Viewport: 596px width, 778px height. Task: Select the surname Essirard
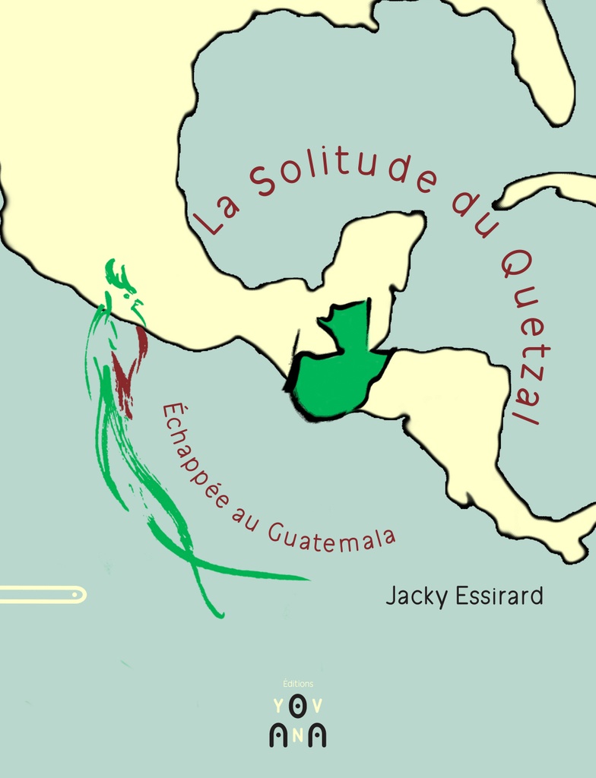tap(498, 595)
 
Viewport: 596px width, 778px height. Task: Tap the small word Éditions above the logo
tap(297, 684)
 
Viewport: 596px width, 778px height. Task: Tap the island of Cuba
tap(547, 186)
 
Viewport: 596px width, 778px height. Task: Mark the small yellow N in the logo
tap(297, 734)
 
